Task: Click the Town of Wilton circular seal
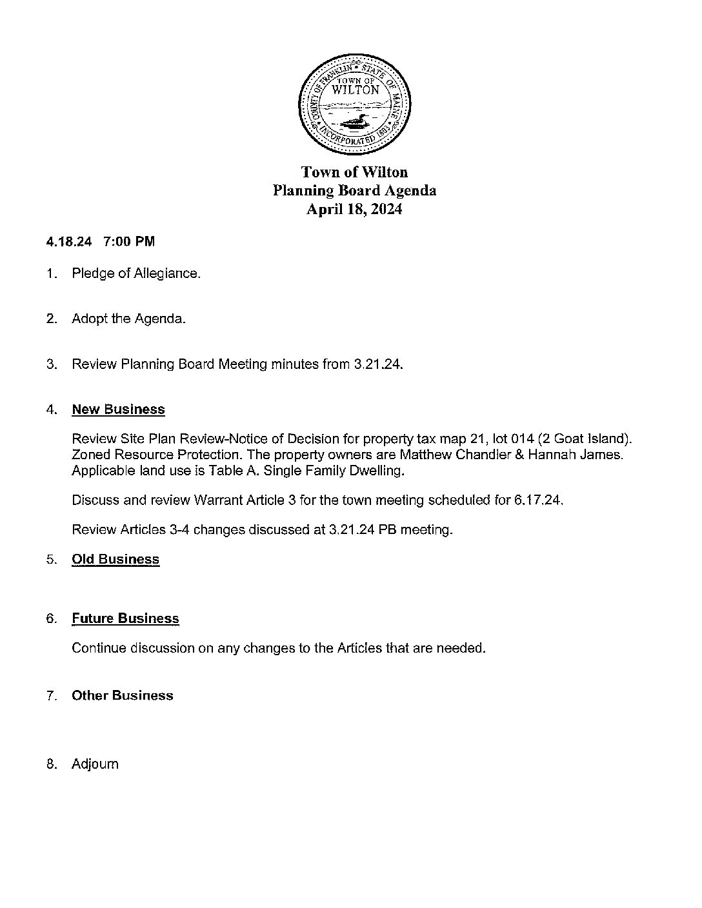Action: tap(354, 104)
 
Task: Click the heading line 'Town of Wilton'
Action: tap(354, 172)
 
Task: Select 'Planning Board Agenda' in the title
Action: tap(354, 191)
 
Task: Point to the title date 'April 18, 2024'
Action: tap(354, 210)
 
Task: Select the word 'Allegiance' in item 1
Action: tap(167, 274)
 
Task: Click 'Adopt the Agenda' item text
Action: tap(128, 319)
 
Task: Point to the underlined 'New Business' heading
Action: tap(118, 410)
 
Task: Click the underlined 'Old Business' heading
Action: tap(115, 559)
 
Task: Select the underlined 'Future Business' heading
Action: tap(125, 618)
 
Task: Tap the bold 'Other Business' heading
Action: tap(123, 695)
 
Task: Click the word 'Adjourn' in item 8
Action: tap(95, 764)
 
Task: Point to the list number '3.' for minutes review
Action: tap(52, 364)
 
